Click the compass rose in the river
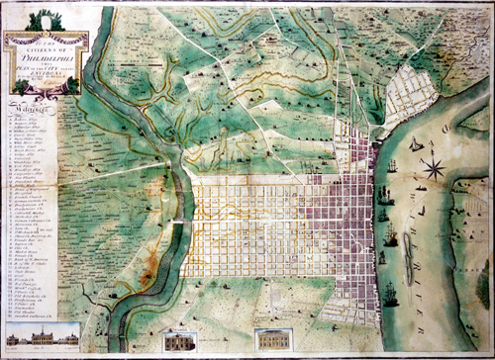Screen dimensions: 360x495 (x=434, y=167)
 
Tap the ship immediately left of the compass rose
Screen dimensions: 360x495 (x=407, y=170)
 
